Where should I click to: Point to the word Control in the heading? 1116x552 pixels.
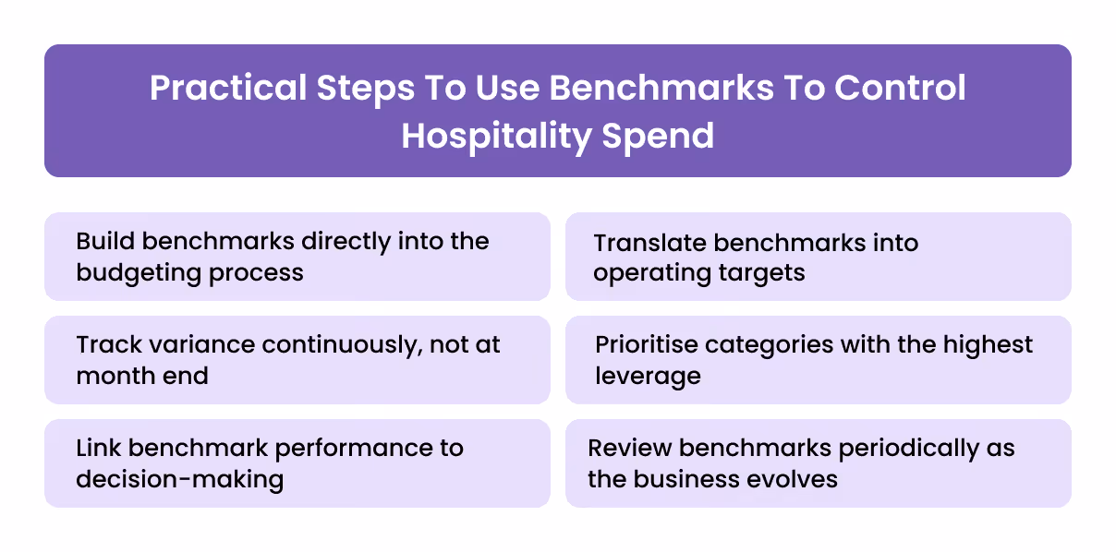click(x=901, y=89)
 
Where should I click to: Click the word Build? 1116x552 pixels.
click(x=104, y=242)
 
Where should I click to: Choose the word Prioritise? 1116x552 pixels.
click(x=647, y=345)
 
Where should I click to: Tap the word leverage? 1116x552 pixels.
click(x=648, y=377)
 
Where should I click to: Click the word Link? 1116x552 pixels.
click(x=98, y=449)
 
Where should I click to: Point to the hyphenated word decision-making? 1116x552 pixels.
click(x=179, y=480)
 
